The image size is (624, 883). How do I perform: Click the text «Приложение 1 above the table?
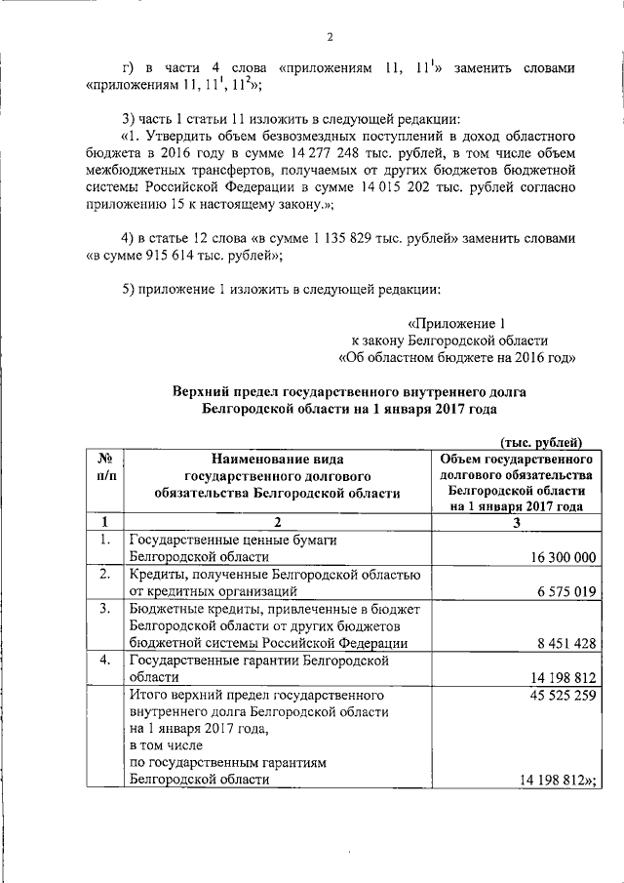457,323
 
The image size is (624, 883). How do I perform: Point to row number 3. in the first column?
103,609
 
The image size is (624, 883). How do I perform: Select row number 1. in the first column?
103,539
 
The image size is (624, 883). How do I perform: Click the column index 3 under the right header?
517,521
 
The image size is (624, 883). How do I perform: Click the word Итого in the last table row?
148,697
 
